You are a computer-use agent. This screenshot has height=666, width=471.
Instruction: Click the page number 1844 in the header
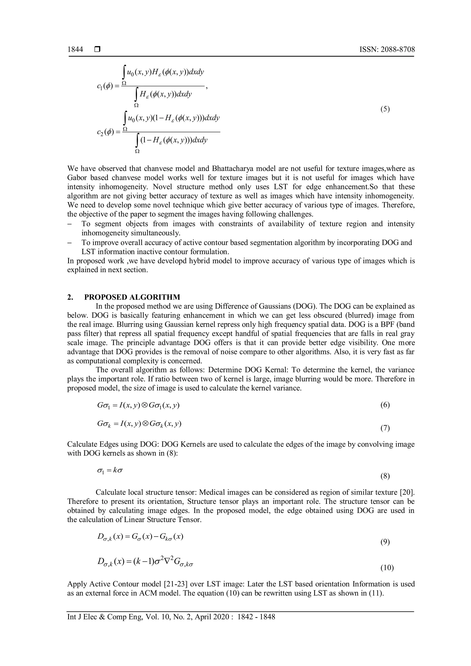coord(75,50)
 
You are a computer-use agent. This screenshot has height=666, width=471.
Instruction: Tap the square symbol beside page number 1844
coord(97,50)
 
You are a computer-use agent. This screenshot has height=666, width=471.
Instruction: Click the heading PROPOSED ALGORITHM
coord(132,297)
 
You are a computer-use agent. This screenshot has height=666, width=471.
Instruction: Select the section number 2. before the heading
coord(70,297)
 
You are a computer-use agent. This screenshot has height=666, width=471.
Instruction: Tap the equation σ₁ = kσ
coord(110,471)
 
